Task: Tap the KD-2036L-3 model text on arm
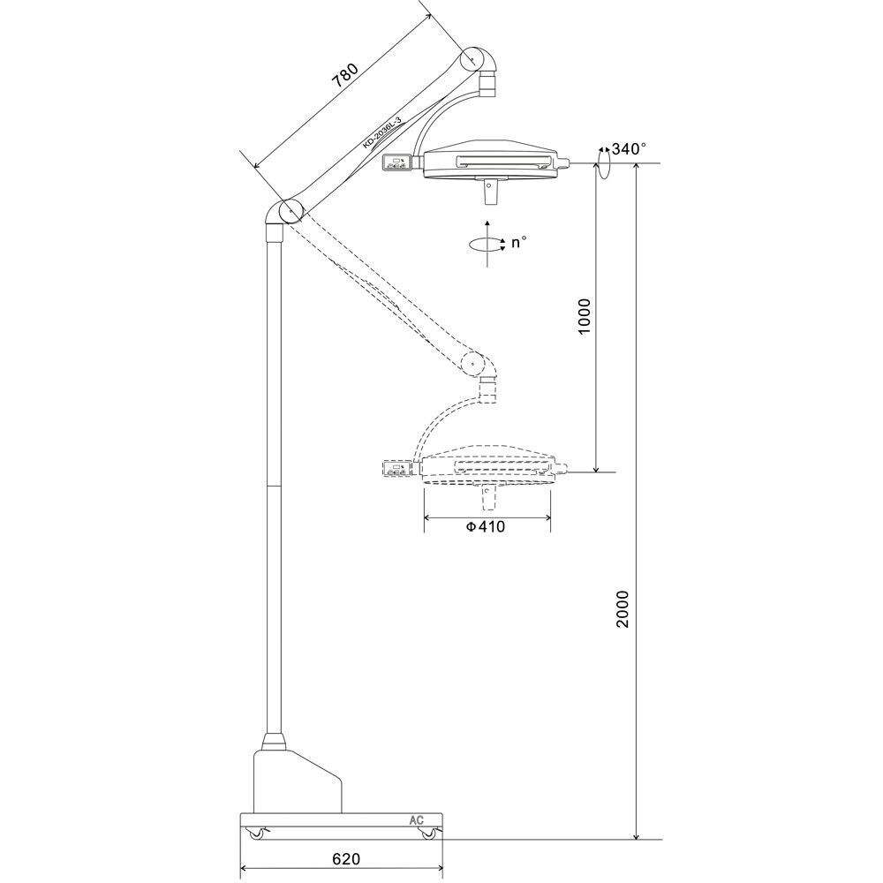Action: pos(381,135)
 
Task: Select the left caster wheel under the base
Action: pos(257,834)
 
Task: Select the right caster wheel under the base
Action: pos(429,834)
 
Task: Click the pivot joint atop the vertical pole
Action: pos(288,212)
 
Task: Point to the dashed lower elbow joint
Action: pos(474,362)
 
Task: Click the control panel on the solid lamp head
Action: pos(399,163)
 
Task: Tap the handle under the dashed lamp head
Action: pos(487,499)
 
